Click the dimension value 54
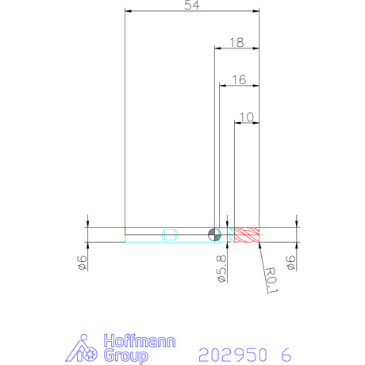[x=192, y=5]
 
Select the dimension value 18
[x=236, y=43]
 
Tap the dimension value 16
[x=239, y=80]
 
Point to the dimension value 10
[x=247, y=117]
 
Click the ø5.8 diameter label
[x=221, y=268]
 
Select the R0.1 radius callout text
[x=271, y=280]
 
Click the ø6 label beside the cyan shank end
[x=82, y=263]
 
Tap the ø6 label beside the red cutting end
[x=290, y=263]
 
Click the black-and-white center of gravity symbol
[x=214, y=234]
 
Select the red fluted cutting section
[x=247, y=235]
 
